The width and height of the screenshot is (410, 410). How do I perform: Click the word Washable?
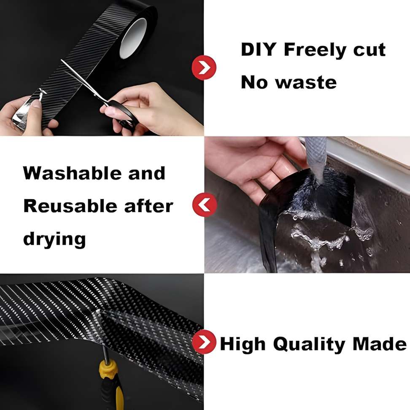[72, 173]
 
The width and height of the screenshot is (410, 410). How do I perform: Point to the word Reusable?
[70, 206]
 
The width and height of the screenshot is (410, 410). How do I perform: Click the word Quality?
[309, 345]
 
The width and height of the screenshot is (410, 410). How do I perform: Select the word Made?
[379, 344]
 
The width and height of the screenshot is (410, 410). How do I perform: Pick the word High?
[243, 345]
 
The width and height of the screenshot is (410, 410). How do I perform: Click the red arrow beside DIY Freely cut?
[204, 67]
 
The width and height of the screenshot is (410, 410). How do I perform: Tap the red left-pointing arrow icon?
[205, 205]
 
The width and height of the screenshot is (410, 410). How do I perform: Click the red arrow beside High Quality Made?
[204, 342]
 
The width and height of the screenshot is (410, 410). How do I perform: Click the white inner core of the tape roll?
[134, 39]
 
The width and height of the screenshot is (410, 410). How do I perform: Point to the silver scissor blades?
[84, 81]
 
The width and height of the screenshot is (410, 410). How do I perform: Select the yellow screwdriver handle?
[111, 384]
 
